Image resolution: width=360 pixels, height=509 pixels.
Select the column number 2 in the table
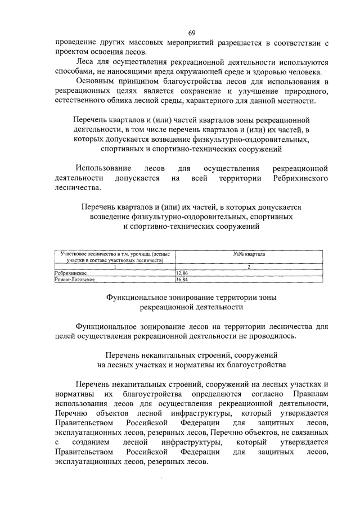[x=249, y=266]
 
